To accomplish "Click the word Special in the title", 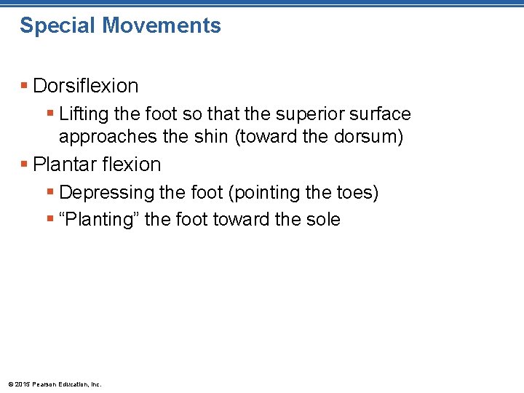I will pos(57,26).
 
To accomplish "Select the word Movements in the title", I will pos(162,26).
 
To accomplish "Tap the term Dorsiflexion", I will pos(86,86).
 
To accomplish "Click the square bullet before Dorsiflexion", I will pos(25,86).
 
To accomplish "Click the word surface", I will pos(379,114).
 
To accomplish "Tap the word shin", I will pos(206,136).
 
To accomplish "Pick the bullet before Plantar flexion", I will pos(25,164).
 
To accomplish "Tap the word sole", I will pos(322,219).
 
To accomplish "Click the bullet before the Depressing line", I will pos(50,193).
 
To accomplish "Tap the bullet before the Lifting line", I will pos(50,114).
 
